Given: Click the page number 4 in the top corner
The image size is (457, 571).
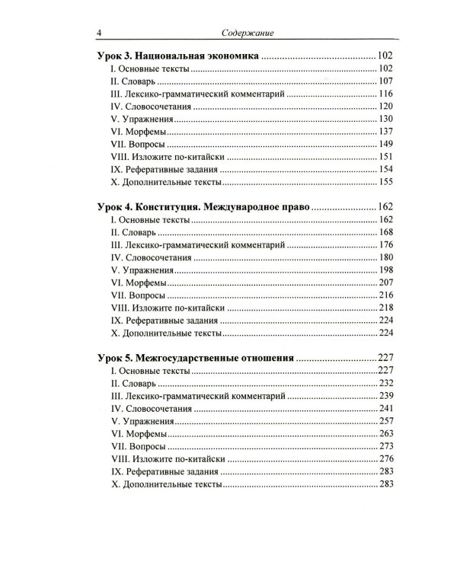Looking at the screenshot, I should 91,33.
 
